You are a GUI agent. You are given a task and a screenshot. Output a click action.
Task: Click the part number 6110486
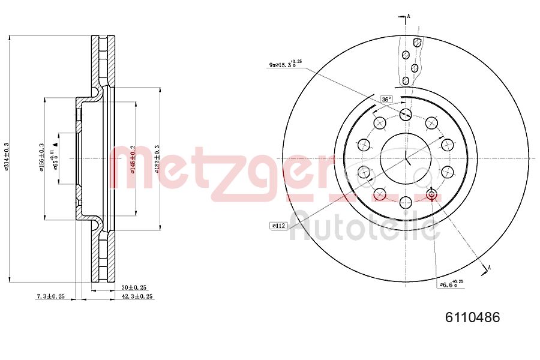pos(472,317)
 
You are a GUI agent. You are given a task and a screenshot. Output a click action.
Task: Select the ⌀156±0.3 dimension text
pos(41,158)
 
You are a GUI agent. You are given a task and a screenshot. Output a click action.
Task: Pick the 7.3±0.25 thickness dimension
pos(50,296)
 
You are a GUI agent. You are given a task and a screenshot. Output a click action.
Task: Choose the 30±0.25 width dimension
pos(133,287)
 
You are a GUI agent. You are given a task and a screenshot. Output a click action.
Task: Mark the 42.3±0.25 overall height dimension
pos(137,296)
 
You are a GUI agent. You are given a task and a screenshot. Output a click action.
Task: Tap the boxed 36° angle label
pos(386,99)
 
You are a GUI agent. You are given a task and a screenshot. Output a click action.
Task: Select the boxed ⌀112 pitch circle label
pos(279,226)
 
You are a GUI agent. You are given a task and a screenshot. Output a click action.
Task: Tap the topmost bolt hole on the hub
pos(405,114)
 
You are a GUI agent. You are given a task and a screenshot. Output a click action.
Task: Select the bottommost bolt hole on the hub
pos(405,202)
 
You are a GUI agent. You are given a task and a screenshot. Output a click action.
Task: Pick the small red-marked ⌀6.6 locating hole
pos(431,194)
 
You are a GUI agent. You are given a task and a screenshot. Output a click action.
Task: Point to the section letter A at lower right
pos(490,267)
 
